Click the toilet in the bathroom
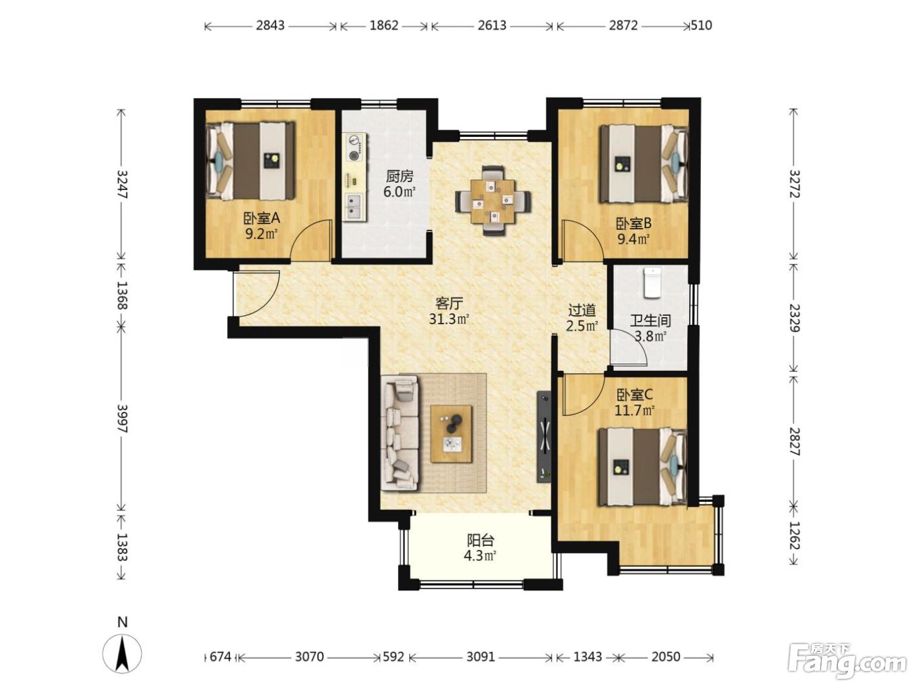652,283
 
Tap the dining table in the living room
492,201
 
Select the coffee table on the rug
451,434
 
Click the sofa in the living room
399,432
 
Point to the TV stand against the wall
544,436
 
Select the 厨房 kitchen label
399,177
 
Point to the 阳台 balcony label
480,541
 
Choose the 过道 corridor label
582,311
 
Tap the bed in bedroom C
643,467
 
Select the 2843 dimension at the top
270,26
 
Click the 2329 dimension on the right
793,318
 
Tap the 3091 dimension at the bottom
480,657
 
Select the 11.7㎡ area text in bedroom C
634,410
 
